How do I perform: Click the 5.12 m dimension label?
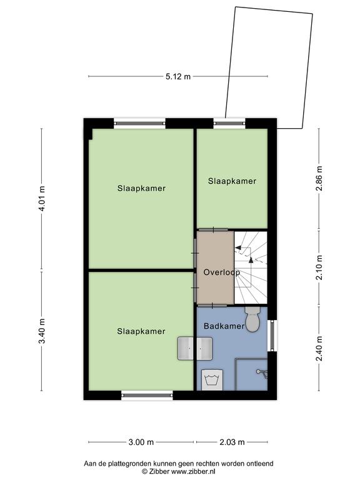point(178,76)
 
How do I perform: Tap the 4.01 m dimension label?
point(42,198)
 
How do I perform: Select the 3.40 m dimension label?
point(42,331)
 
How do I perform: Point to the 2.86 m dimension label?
point(319,178)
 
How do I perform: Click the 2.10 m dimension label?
point(319,267)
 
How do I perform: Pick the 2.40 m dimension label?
point(319,348)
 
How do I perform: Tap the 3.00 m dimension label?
point(141,442)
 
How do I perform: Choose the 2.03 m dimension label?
point(232,442)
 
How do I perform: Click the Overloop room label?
point(222,272)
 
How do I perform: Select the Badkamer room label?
point(224,326)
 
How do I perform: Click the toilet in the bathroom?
point(253,319)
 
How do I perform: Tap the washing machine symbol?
point(212,380)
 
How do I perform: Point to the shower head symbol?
point(262,372)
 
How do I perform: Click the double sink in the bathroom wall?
point(195,349)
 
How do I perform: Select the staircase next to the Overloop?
point(251,267)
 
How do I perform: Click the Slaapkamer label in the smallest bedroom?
point(232,181)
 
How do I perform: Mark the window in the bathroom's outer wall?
point(271,336)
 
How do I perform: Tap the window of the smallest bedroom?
point(229,123)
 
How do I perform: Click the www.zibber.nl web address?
point(193,471)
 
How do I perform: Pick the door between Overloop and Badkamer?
point(212,306)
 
